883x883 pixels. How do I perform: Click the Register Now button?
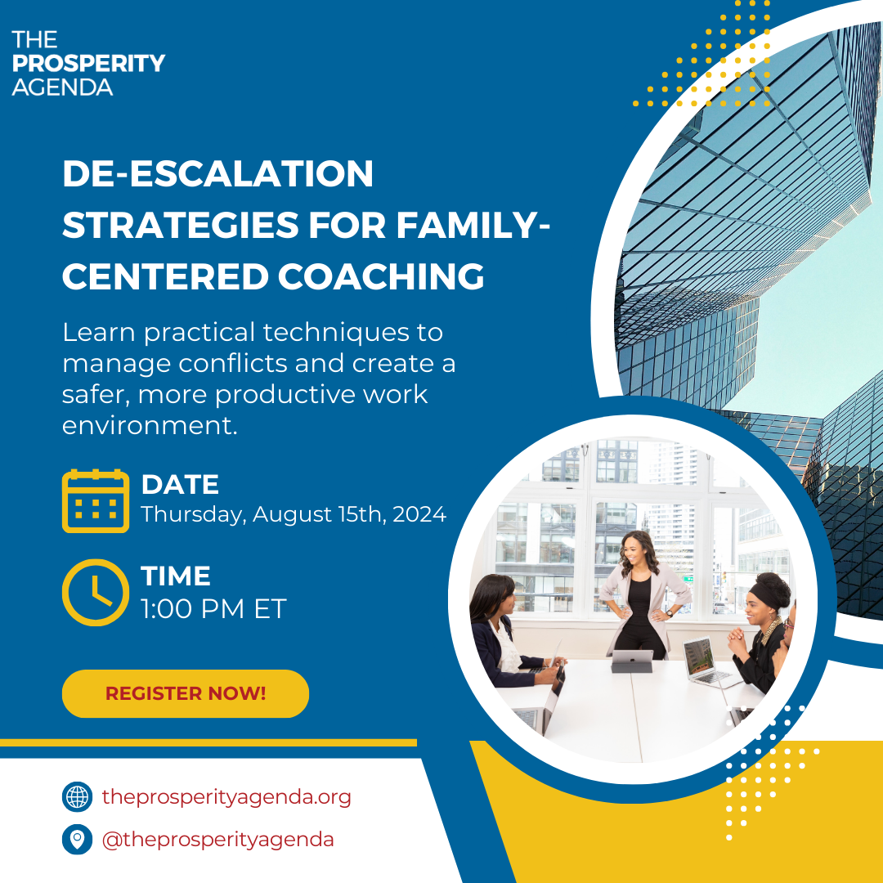click(186, 693)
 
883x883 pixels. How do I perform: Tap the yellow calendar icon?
click(96, 501)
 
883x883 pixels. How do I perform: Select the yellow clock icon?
click(96, 593)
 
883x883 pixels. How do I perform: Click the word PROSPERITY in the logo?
click(88, 63)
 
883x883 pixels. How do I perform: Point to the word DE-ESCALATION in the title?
click(217, 174)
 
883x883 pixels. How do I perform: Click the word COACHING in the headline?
click(381, 276)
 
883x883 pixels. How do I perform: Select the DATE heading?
click(180, 485)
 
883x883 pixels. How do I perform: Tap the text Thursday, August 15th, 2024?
click(294, 514)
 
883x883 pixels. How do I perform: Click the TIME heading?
click(176, 576)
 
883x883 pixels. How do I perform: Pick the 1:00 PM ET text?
click(213, 608)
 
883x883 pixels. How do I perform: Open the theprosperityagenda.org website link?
click(226, 796)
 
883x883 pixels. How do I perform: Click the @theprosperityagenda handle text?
click(217, 840)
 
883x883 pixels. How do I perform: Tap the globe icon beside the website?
click(77, 796)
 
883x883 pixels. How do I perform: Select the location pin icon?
click(77, 840)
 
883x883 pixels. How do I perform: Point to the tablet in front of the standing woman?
click(633, 659)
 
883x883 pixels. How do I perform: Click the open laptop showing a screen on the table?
click(703, 661)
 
